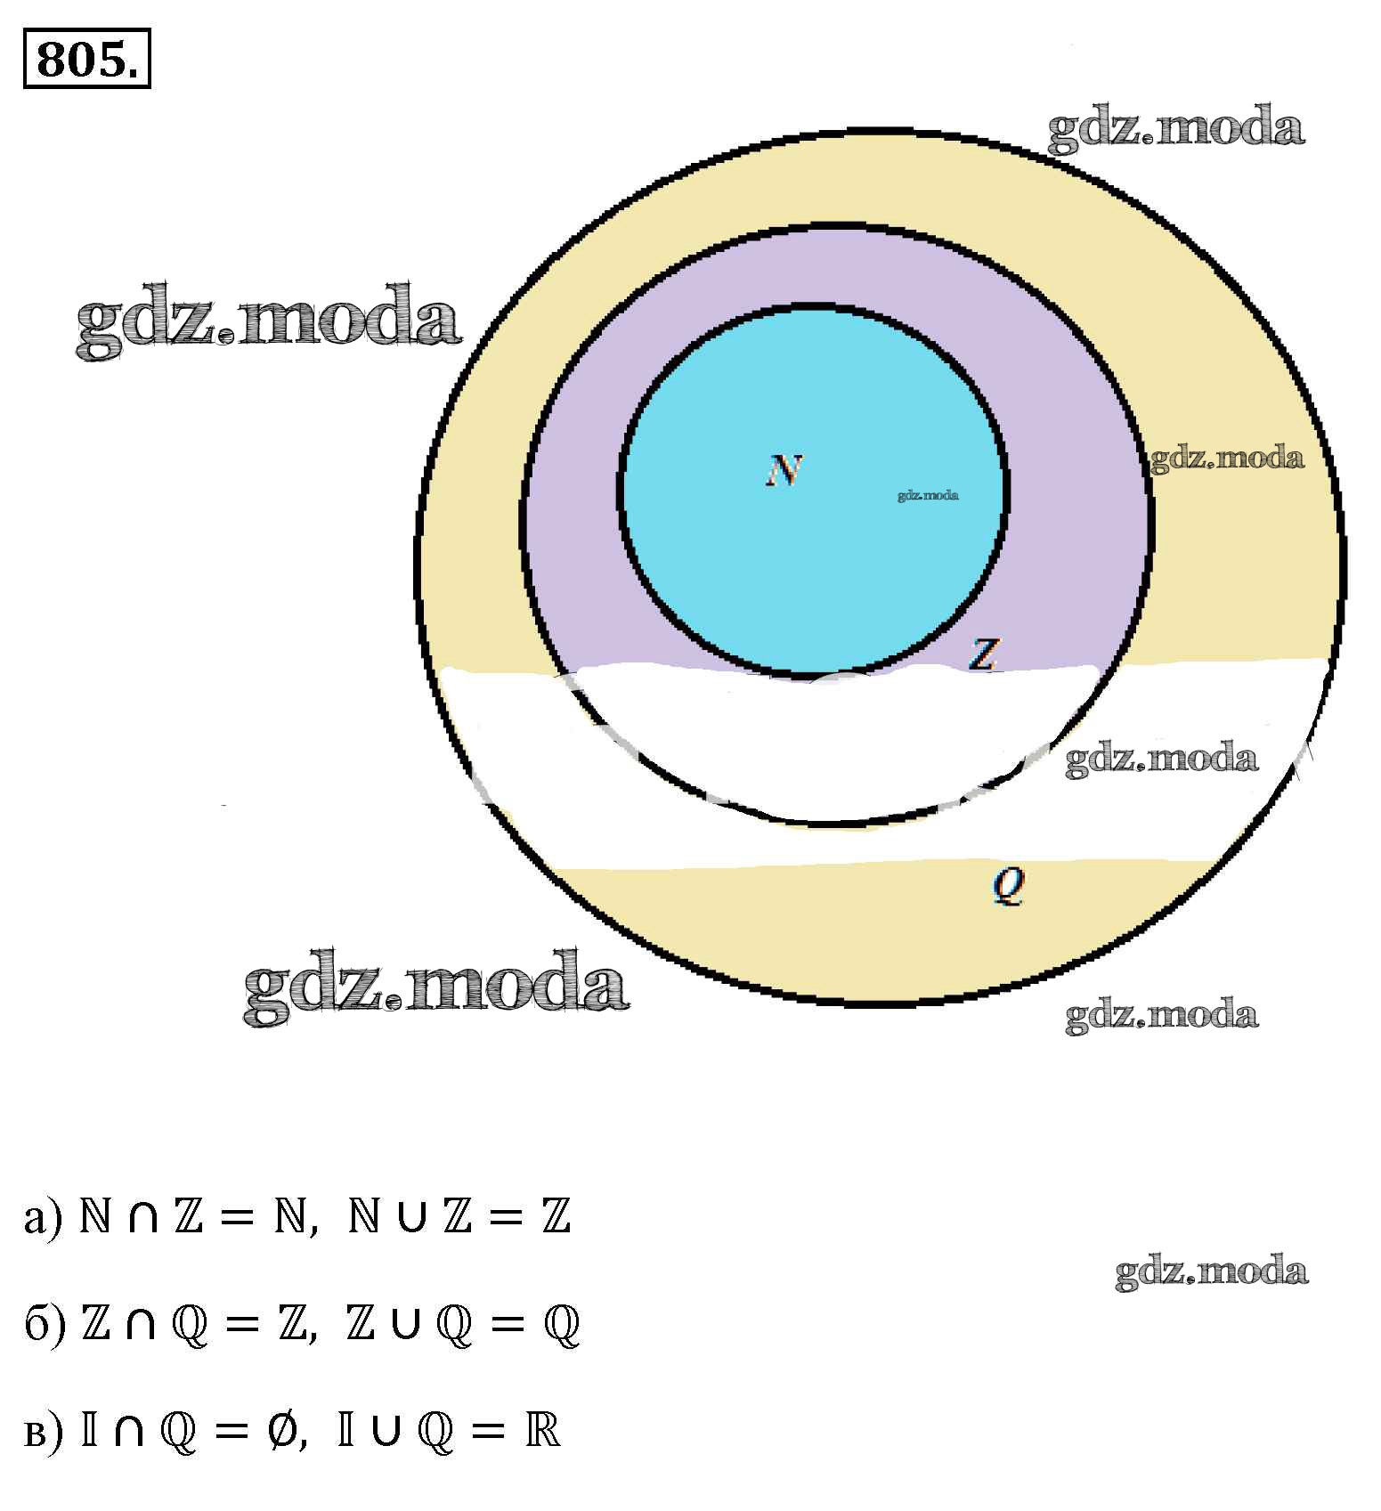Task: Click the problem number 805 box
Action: (x=86, y=59)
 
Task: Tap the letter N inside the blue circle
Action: (x=784, y=470)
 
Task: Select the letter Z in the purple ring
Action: (x=983, y=654)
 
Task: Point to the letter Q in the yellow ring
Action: (x=1009, y=885)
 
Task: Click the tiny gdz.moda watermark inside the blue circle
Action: (x=928, y=495)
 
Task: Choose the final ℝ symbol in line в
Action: (x=542, y=1430)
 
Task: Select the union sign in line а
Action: (x=410, y=1218)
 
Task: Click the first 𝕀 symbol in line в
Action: (x=89, y=1430)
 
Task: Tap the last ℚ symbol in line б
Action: (x=561, y=1325)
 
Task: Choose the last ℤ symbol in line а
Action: (x=556, y=1217)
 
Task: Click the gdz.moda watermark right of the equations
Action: (x=1211, y=1271)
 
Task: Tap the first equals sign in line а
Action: (x=236, y=1218)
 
